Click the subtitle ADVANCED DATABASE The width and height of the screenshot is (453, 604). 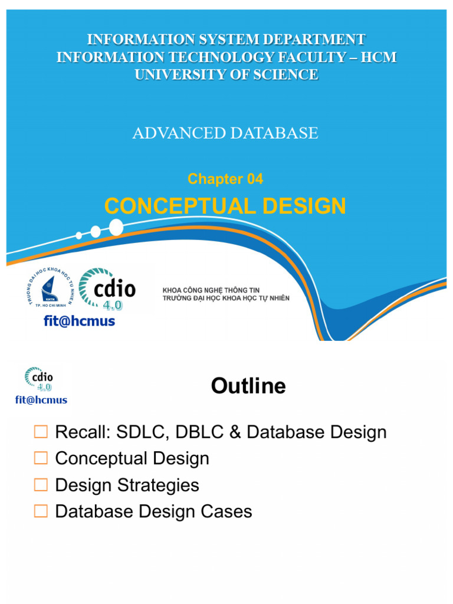(x=225, y=133)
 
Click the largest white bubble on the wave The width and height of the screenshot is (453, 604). (x=116, y=226)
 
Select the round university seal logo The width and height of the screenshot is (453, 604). (x=50, y=287)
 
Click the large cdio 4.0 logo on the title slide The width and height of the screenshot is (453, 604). (x=107, y=288)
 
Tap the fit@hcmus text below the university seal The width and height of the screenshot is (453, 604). (x=80, y=321)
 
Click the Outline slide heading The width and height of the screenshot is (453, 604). (x=248, y=386)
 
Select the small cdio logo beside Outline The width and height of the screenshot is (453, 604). (x=39, y=379)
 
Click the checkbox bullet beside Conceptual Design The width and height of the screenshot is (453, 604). (x=41, y=458)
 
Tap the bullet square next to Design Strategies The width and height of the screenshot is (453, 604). (x=41, y=485)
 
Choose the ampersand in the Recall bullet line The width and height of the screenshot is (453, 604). (x=235, y=432)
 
